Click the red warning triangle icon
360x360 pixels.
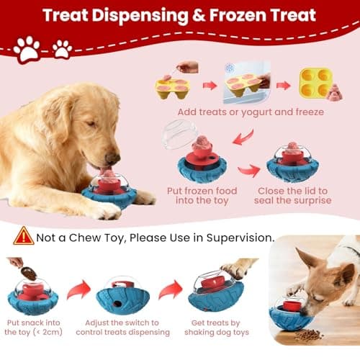tap(24, 235)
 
